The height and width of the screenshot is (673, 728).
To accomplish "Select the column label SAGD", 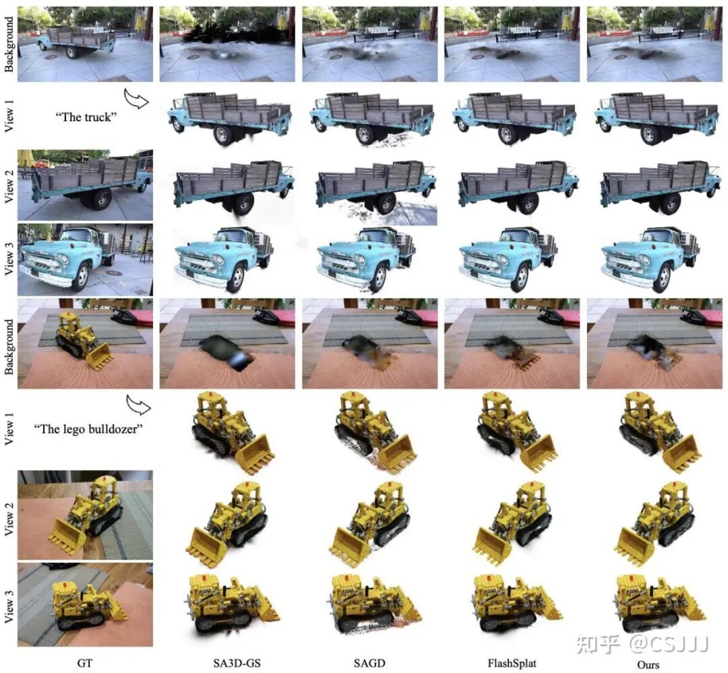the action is (x=369, y=663).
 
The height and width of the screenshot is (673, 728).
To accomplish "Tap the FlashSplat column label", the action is (x=512, y=664).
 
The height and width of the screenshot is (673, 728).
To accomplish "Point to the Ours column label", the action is (x=648, y=665).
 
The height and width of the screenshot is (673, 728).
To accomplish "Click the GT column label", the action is (x=85, y=663).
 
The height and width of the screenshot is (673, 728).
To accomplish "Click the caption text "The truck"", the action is (x=86, y=117).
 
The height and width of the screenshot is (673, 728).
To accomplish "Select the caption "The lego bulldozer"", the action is (x=88, y=428).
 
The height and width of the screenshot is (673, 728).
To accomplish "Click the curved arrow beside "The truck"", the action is (x=136, y=98).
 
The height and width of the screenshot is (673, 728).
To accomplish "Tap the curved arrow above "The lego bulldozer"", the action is (x=138, y=405).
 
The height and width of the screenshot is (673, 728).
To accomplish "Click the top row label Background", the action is (x=9, y=44).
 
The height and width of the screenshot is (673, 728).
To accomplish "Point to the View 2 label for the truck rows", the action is (x=9, y=186).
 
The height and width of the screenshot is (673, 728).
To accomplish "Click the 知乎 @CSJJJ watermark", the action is (x=642, y=644).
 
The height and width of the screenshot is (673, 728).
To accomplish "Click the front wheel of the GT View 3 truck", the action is (x=82, y=277).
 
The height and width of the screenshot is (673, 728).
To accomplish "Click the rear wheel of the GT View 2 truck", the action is (x=101, y=199).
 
